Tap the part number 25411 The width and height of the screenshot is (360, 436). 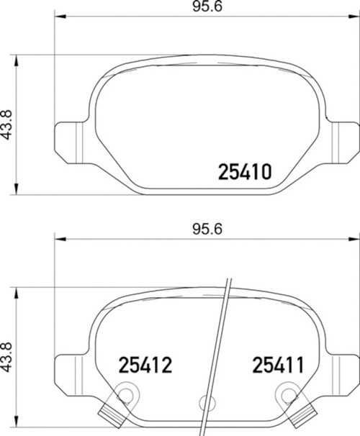(x=277, y=365)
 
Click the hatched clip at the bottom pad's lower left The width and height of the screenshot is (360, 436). (x=109, y=415)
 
